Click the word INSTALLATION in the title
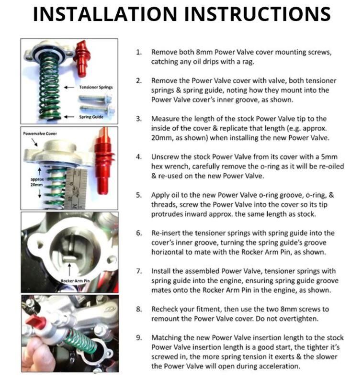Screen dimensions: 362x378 [x=105, y=14]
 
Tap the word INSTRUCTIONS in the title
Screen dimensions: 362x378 [x=257, y=14]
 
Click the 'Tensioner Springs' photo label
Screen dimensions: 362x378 [x=96, y=87]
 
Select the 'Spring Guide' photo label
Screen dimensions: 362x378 [x=91, y=117]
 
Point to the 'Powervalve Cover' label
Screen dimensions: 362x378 [x=40, y=133]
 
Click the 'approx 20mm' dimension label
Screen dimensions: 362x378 [x=37, y=182]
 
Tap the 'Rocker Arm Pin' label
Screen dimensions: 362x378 [x=75, y=281]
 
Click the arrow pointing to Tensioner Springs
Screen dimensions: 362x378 [x=69, y=87]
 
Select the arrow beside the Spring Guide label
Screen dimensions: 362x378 [x=69, y=117]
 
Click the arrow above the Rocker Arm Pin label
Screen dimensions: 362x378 [x=69, y=269]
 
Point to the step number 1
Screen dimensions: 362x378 [x=139, y=52]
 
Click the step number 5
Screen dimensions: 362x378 [x=139, y=195]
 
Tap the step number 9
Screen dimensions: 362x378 [x=139, y=337]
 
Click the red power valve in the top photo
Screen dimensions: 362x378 [x=82, y=58]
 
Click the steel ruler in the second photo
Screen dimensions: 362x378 [x=77, y=189]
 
